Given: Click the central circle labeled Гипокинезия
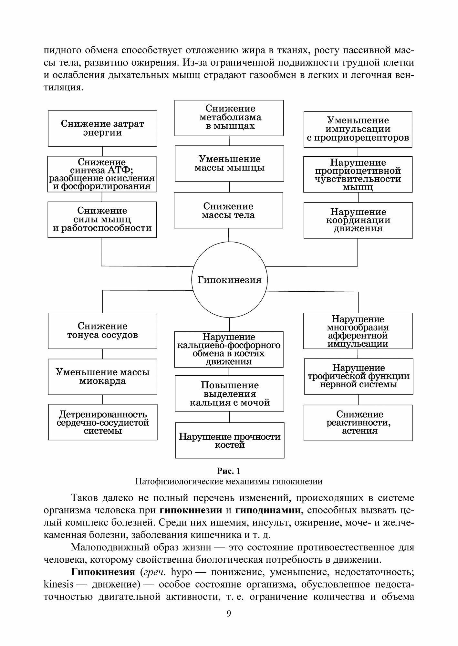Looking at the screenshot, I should tap(229, 280).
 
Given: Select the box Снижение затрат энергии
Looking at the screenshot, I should tap(102, 129).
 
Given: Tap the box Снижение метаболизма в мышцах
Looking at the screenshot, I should tap(229, 118).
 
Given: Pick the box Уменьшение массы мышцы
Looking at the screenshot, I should tap(229, 163).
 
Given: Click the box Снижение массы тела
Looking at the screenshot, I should tap(228, 210).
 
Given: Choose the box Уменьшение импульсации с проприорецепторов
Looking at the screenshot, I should tap(358, 129).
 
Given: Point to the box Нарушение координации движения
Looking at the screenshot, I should tap(358, 220).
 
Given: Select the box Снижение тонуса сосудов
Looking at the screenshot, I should tap(102, 331).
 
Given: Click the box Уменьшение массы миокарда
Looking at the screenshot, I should tap(102, 377).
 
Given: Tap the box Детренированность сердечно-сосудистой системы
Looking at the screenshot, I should tap(103, 422).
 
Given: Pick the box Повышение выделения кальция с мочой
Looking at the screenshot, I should tap(229, 393).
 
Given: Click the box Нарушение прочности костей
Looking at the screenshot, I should tap(230, 440).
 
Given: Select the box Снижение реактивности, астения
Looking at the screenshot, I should tap(358, 422).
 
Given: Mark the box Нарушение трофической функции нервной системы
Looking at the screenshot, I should tap(358, 376).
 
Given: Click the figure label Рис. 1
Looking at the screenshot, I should tap(229, 471).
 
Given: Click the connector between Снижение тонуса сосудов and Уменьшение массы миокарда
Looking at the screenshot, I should tap(103, 354).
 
